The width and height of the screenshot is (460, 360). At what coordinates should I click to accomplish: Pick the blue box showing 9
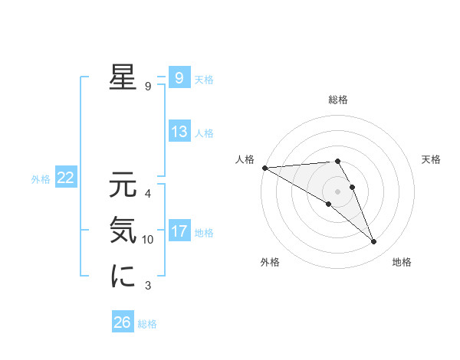179,78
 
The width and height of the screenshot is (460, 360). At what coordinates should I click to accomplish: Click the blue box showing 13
179,132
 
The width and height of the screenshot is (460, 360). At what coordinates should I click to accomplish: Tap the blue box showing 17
179,231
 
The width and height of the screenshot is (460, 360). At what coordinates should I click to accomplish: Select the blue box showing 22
65,178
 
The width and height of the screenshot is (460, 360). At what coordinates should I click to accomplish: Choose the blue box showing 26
122,322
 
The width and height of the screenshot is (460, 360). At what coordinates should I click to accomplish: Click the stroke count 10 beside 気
148,240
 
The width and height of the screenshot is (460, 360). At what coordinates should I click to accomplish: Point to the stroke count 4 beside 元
148,193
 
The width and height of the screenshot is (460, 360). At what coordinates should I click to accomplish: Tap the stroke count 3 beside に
148,286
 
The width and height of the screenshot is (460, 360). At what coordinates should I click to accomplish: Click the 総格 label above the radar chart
337,100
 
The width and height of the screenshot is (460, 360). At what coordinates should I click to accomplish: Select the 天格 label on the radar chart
431,159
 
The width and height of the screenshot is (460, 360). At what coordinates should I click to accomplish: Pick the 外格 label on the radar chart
269,262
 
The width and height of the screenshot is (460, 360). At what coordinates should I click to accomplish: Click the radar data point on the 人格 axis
264,167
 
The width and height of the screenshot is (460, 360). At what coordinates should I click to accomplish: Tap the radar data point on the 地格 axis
374,242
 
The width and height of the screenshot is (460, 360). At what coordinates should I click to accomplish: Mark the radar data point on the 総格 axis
337,161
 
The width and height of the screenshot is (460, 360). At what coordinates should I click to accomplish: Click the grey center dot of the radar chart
337,191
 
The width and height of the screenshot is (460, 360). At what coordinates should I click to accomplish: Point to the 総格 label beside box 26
147,324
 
